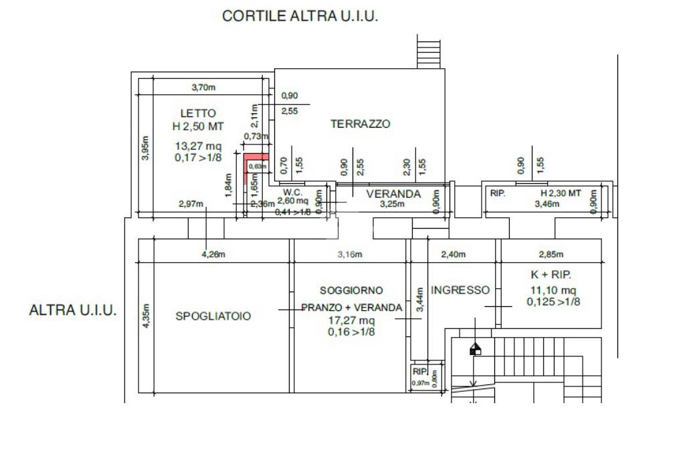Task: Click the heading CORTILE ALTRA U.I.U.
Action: point(300,17)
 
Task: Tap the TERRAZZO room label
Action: point(360,124)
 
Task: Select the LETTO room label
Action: point(198,113)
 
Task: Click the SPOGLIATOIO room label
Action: point(213,316)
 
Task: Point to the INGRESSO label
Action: point(460,290)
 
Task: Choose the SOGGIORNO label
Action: point(351,291)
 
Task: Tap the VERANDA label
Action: point(393,194)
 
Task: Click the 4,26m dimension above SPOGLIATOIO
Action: point(213,254)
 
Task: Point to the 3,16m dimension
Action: point(349,254)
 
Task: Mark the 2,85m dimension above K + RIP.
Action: point(551,254)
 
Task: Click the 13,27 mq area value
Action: point(198,146)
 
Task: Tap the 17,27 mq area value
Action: point(351,320)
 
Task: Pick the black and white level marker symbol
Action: point(476,349)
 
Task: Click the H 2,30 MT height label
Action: point(561,193)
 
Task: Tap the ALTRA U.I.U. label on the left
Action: point(74,311)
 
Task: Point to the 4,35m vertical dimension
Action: point(146,316)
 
